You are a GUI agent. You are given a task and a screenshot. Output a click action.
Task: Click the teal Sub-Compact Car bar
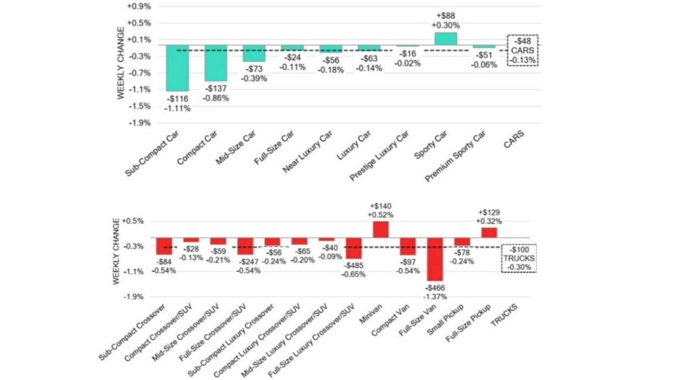coord(177,68)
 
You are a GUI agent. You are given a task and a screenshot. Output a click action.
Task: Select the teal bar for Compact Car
coord(216,63)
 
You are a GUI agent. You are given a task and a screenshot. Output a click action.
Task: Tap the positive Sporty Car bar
coord(445,39)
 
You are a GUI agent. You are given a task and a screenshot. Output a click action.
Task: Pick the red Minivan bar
coord(381,229)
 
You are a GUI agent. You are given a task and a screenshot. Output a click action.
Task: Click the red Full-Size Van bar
coord(435,259)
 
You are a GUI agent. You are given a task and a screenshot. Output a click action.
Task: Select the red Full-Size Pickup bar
coord(489,232)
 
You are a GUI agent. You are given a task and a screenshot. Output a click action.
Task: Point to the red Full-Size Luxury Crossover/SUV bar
coord(354,248)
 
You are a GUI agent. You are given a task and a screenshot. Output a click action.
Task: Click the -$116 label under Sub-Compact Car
coord(177,99)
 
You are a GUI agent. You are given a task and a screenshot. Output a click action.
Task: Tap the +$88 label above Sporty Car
coord(445,16)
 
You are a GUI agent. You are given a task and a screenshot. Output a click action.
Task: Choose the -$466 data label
coord(435,288)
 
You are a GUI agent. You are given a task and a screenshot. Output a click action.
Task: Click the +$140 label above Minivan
coord(381,206)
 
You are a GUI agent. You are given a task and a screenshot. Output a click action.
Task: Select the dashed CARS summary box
coord(523,50)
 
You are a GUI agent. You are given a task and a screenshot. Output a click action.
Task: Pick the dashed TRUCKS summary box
coord(519,258)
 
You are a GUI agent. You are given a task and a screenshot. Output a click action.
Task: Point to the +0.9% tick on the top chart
coord(139,6)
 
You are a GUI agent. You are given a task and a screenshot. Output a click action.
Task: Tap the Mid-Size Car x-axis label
coord(236,148)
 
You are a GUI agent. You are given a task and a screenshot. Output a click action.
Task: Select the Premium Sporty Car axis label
coord(455,156)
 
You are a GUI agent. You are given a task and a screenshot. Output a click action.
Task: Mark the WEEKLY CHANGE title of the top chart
coord(120,63)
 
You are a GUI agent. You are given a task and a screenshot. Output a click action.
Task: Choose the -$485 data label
coord(353,266)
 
